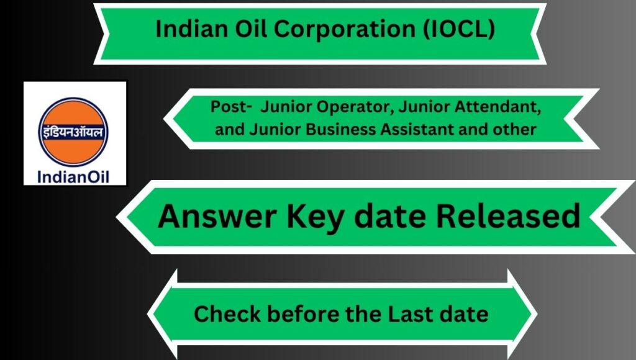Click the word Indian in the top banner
(x=186, y=29)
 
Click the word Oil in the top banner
(x=245, y=29)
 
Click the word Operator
(x=355, y=107)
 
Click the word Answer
(x=217, y=216)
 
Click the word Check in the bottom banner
(x=227, y=314)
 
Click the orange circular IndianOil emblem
(x=73, y=132)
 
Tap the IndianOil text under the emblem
(x=73, y=177)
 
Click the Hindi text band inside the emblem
(x=73, y=132)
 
